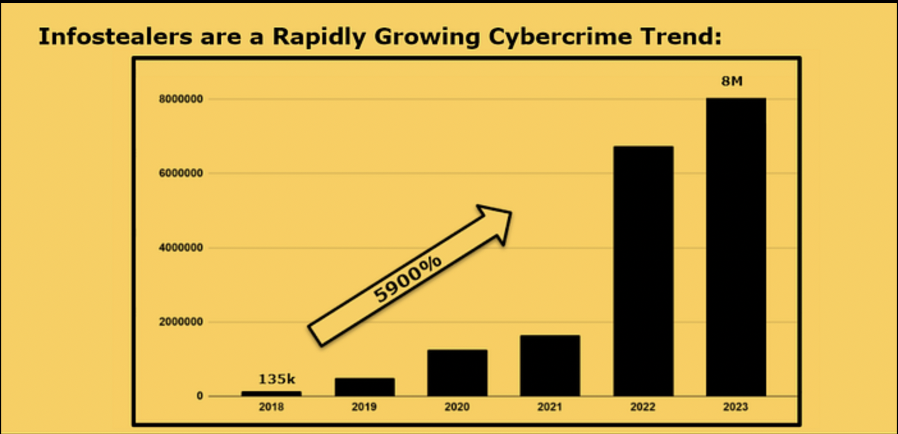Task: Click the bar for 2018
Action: pos(271,393)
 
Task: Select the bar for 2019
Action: pos(365,387)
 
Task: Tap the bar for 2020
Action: pos(457,373)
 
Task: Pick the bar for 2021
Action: pos(550,365)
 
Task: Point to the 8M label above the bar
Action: pos(732,81)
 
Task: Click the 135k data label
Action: pos(277,380)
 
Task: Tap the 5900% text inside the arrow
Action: pos(408,277)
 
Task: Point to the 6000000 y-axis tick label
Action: pos(182,173)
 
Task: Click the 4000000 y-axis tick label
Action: pos(182,248)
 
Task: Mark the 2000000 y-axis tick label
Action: pos(182,322)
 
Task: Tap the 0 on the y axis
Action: pos(200,396)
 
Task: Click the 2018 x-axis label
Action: pos(271,407)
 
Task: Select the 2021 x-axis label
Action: pos(550,407)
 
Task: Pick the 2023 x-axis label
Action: pos(736,407)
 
